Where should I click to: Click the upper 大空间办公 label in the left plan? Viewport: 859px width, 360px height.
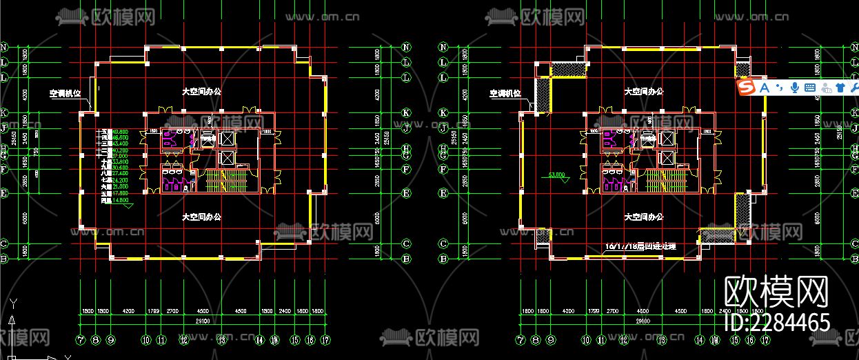coord(201,91)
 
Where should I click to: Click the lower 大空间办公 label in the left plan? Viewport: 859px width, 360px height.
coord(201,217)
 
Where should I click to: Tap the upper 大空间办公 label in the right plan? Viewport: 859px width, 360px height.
coord(643,91)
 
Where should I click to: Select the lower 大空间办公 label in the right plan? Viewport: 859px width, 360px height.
coord(643,217)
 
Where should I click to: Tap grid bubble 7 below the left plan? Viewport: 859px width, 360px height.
coord(81,339)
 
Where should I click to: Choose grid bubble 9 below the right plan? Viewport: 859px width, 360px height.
coord(551,339)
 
